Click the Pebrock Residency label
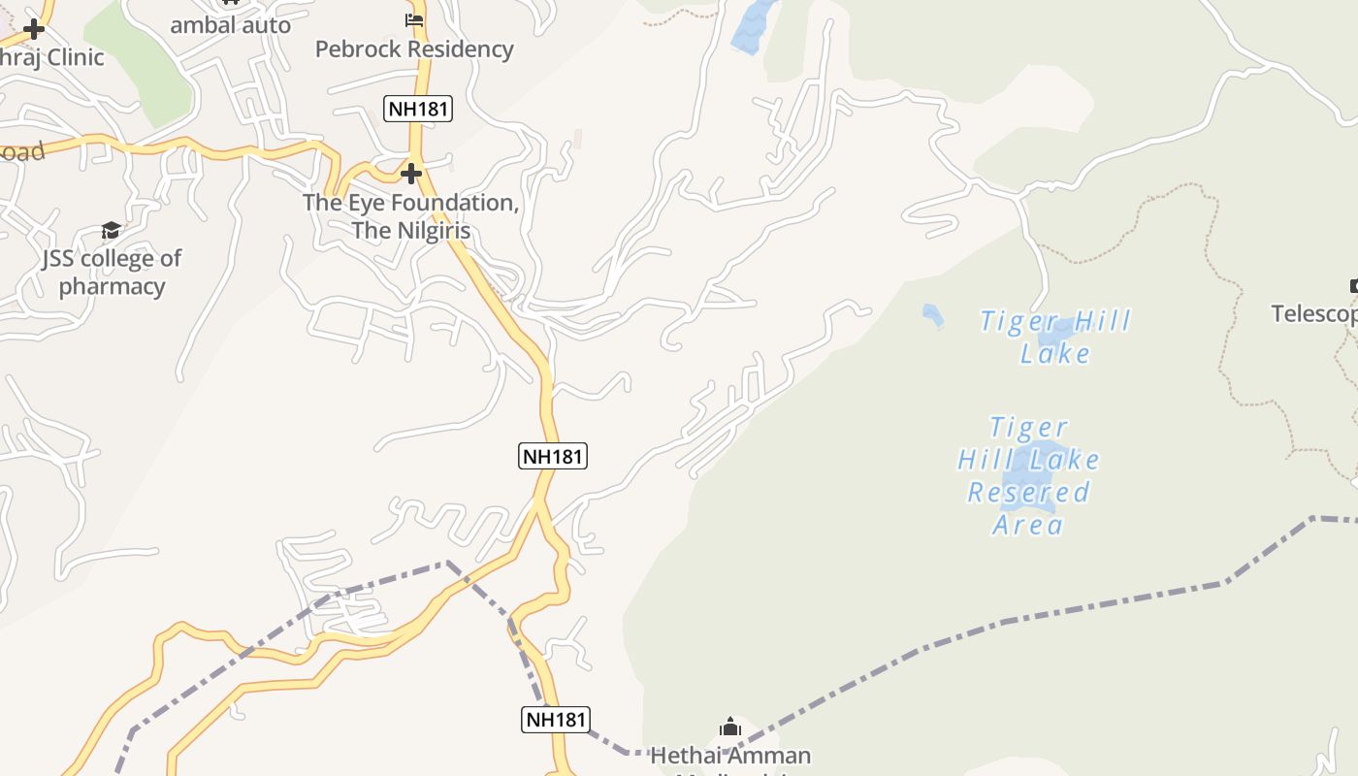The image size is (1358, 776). click(414, 48)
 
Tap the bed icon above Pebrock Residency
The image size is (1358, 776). click(414, 19)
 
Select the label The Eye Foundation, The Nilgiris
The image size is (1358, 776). click(411, 216)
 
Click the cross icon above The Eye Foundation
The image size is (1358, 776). click(411, 174)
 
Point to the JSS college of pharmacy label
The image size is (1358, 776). click(112, 273)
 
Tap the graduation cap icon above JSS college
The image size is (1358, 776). click(112, 230)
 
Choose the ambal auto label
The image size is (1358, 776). click(230, 25)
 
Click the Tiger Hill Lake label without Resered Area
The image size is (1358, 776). click(1055, 336)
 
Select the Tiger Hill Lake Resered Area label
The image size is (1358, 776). click(1028, 475)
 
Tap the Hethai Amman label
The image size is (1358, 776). click(730, 755)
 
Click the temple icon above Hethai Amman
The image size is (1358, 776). click(730, 727)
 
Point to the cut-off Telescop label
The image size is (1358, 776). click(1314, 313)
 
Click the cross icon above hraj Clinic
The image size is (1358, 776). click(34, 28)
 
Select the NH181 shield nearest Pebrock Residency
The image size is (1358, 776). click(419, 108)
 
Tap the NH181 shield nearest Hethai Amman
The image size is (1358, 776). click(556, 719)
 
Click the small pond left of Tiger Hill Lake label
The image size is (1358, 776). click(932, 315)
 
